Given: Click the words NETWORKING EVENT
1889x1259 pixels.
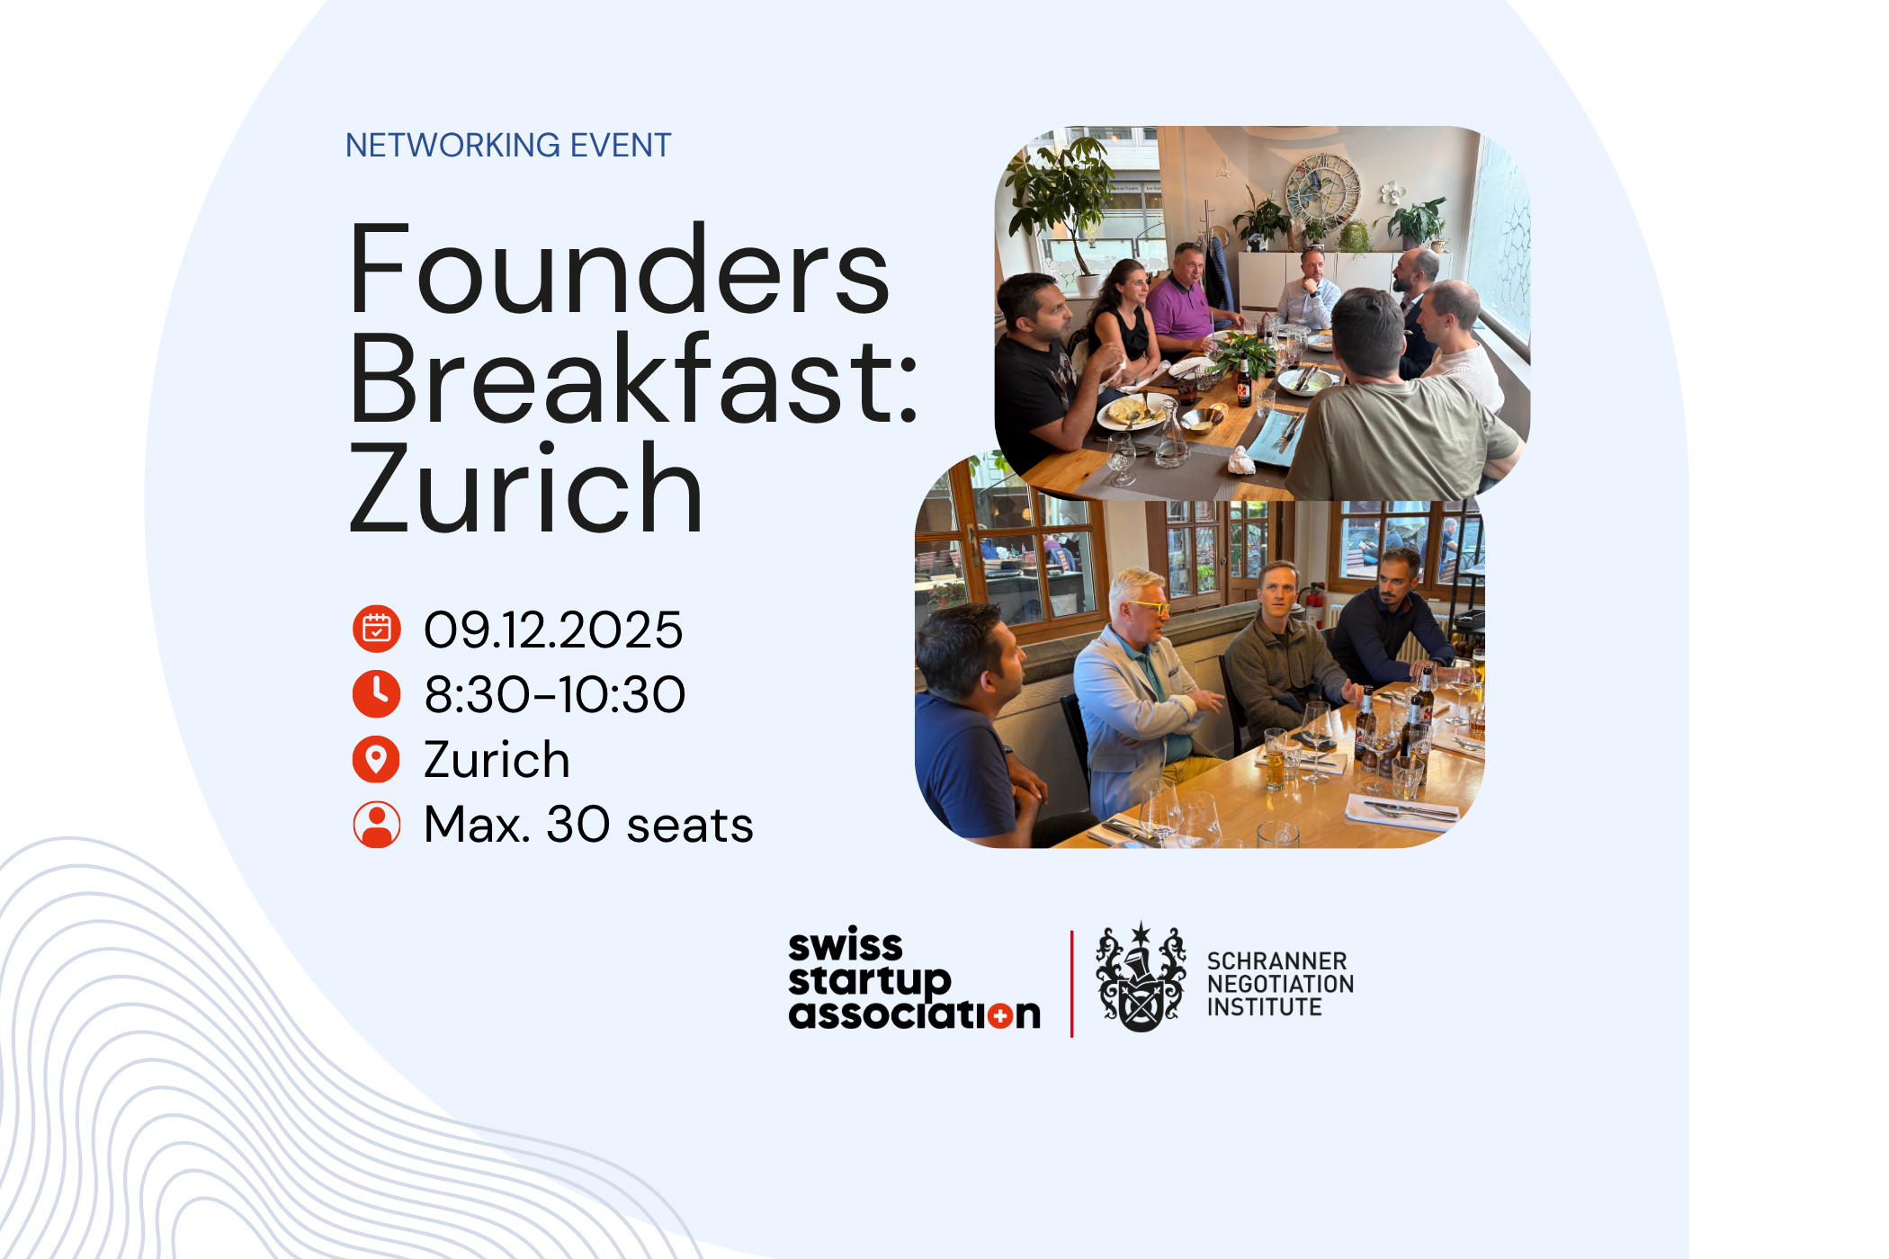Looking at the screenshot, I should coord(508,145).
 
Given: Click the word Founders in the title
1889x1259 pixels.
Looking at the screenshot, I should coord(619,271).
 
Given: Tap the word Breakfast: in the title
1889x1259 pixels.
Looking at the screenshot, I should coord(633,379).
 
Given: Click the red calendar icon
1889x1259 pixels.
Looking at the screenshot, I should coord(376,629).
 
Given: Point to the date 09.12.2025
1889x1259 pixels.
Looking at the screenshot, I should coord(553,629).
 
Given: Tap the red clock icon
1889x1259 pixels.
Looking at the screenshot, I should coord(376,694).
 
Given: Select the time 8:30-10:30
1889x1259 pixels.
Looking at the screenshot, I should coord(554,695).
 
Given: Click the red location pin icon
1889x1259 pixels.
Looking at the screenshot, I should coord(376,759).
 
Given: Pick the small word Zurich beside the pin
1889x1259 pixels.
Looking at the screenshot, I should coord(497,760).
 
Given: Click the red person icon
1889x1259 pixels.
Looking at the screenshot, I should coord(376,825).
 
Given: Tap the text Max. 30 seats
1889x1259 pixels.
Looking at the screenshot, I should coord(588,825).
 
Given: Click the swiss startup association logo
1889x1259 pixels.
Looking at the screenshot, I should coord(913,979).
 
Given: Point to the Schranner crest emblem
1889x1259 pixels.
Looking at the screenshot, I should coord(1141,978).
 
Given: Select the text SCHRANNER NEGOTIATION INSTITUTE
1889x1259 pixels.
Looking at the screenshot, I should coord(1279,984).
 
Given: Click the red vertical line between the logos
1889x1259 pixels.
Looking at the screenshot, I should coord(1072,984).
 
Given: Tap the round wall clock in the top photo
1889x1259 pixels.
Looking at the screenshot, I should coord(1321,190).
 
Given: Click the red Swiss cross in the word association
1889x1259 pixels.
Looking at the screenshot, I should coord(999,1016).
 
